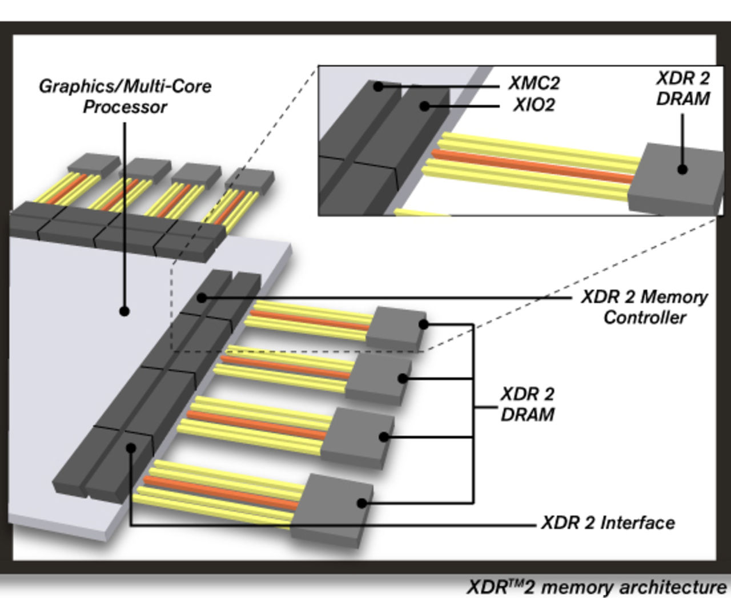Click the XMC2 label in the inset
coord(534,83)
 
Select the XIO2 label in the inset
coord(534,105)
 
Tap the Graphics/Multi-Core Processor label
coord(124,97)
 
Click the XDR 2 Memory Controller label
coord(644,307)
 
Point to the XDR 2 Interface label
coord(608,523)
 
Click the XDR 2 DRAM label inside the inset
coord(683,89)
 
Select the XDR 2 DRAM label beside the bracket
coord(527,404)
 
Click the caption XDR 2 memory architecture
coord(597,587)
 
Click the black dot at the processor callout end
coord(124,311)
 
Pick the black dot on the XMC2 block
coord(378,87)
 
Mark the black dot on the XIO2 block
coord(424,106)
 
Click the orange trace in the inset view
coord(531,166)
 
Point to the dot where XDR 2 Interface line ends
coord(131,448)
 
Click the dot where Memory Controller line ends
coord(201,298)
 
